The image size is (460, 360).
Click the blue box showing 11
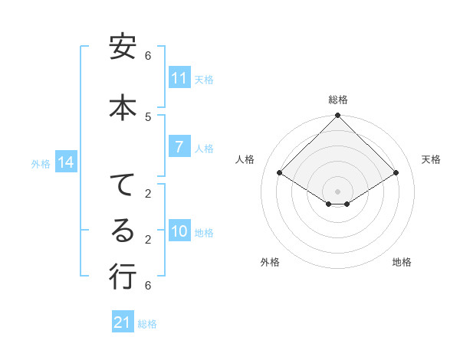click(179, 78)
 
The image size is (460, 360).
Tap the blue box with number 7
click(179, 147)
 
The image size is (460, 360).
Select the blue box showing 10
click(179, 232)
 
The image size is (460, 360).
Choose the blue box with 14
click(65, 162)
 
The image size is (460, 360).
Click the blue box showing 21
click(122, 322)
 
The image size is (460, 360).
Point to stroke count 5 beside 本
click(148, 116)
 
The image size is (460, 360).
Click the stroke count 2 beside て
click(148, 193)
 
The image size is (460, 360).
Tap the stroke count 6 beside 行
click(148, 286)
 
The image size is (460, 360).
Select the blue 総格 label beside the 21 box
click(148, 324)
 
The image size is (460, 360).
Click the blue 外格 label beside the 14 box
click(41, 163)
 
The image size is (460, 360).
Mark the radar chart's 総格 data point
click(337, 116)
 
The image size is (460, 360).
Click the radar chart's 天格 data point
click(396, 173)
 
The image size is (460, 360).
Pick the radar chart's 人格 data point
click(280, 173)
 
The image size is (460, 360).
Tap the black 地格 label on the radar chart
click(402, 262)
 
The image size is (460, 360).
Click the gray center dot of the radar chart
click(337, 191)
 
